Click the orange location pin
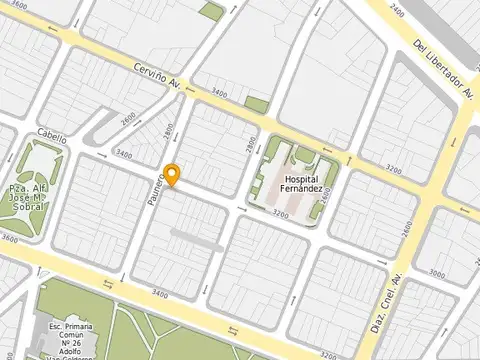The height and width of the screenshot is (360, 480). pyautogui.click(x=172, y=174)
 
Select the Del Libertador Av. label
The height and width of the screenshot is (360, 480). pyautogui.click(x=443, y=69)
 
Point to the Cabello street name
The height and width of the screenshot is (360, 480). pyautogui.click(x=52, y=137)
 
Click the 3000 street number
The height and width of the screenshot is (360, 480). pyautogui.click(x=438, y=273)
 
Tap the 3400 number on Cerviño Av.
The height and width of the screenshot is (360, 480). pyautogui.click(x=217, y=93)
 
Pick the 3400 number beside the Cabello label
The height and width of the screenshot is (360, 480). pyautogui.click(x=123, y=154)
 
